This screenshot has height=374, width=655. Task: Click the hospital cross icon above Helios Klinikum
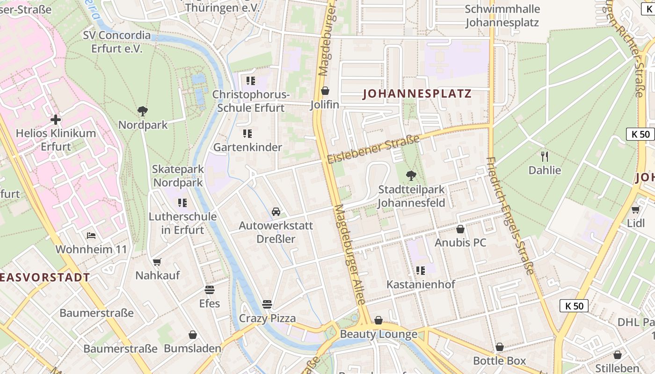56,120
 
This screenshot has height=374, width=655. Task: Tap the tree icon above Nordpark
143,111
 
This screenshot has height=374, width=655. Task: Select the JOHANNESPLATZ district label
417,94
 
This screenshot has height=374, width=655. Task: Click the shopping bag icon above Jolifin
325,91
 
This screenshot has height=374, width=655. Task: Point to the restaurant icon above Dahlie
544,156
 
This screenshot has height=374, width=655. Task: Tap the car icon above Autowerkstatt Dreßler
276,212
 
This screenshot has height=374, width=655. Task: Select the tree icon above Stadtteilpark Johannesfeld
411,176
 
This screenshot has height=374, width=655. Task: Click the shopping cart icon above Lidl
635,209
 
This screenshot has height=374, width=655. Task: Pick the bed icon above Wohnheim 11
91,235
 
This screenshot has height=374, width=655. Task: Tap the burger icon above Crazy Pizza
267,304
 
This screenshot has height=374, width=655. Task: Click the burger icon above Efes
209,289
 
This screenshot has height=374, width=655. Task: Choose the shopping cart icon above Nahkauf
157,262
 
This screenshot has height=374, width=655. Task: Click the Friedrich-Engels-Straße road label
510,215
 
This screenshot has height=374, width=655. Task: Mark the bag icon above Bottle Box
500,347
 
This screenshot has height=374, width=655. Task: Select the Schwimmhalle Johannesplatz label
502,15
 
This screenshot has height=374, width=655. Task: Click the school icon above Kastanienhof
420,270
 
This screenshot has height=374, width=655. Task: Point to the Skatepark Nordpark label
178,176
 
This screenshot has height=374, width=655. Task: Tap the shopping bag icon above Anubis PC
460,229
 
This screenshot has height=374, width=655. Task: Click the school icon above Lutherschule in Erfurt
182,203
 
